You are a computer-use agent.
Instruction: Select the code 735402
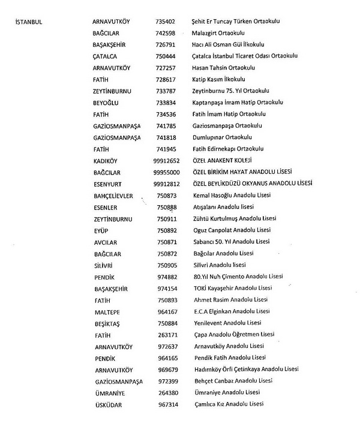pos(165,22)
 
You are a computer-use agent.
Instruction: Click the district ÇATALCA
pos(109,56)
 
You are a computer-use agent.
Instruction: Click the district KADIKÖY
pos(109,161)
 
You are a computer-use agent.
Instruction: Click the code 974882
pos(166,277)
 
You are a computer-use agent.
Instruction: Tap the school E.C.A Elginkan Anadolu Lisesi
pos(230,311)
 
